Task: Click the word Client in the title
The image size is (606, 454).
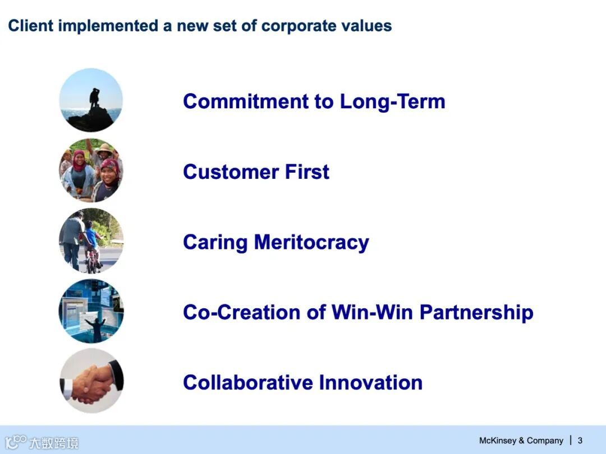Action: (30, 26)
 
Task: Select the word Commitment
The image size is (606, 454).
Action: (246, 101)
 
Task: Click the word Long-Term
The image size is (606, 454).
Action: (392, 101)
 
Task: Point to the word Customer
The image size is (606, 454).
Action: (231, 172)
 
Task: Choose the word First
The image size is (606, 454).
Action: (307, 172)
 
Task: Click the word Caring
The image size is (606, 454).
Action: (215, 243)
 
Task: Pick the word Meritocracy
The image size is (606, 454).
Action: (311, 243)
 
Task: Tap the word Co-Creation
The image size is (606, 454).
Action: (241, 312)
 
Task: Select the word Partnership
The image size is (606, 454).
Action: (476, 313)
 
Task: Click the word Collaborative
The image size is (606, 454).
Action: (248, 383)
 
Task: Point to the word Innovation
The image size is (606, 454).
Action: (371, 383)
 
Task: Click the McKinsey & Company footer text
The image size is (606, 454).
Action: (521, 441)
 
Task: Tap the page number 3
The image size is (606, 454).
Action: (580, 441)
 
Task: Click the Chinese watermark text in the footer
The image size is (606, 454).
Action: (54, 442)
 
